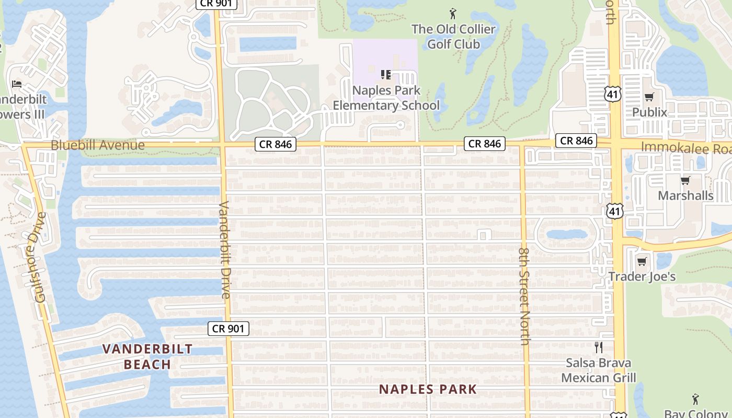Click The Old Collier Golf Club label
tap(453, 37)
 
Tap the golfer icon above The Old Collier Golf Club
tap(453, 13)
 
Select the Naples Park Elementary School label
tap(386, 98)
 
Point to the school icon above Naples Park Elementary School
tap(386, 75)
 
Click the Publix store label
tap(649, 112)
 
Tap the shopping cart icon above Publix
tap(649, 97)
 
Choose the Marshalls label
tap(685, 195)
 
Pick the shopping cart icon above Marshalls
tap(685, 180)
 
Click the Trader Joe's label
tap(642, 276)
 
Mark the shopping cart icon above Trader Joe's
tap(642, 261)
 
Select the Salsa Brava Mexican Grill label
tap(599, 370)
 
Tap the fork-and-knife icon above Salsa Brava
tap(599, 347)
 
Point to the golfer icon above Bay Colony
tap(695, 400)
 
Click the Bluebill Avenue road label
tap(98, 145)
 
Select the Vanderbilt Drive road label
tap(225, 250)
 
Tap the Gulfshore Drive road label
tap(40, 257)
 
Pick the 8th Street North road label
tap(525, 295)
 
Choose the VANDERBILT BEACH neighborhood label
tap(147, 356)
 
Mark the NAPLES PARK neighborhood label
tap(428, 389)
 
